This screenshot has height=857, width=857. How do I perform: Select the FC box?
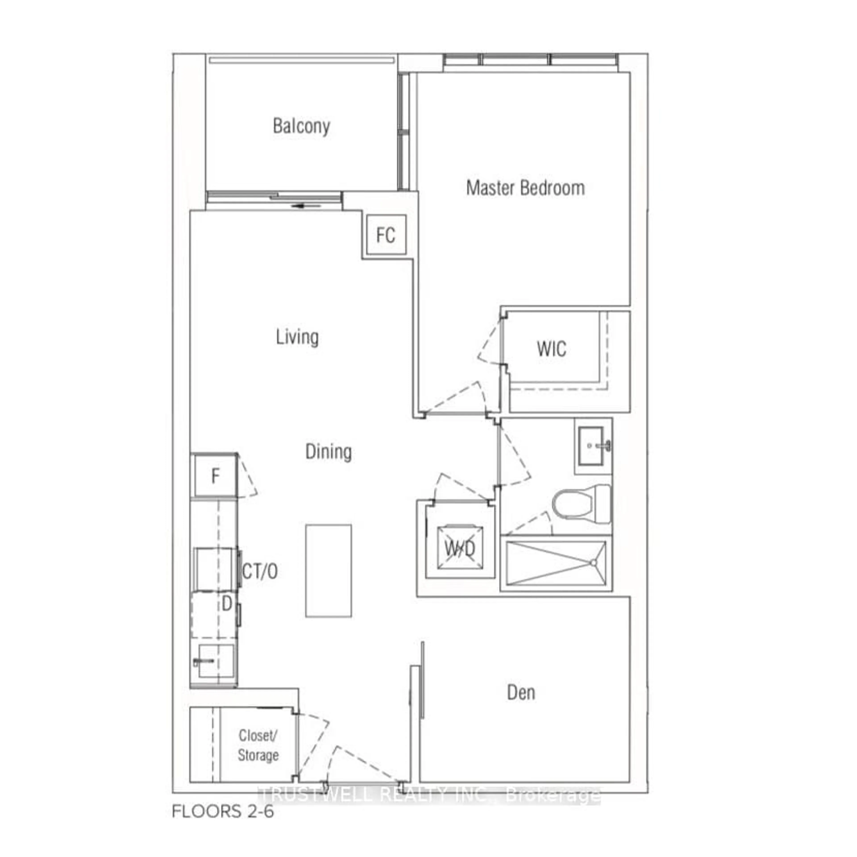pos(385,235)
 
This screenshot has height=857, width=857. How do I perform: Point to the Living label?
pos(297,337)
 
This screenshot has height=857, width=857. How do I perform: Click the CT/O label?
pos(260,572)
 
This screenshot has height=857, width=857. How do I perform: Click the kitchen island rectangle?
pos(328,571)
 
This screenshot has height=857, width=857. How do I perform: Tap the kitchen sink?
pos(215,662)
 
